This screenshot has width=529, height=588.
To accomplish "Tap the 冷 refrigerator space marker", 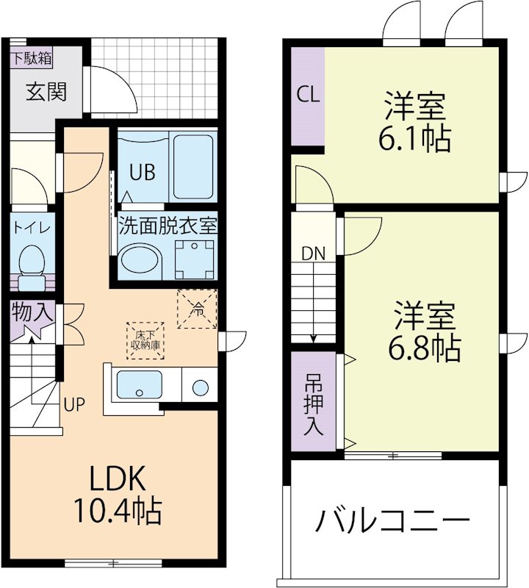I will click(197, 309).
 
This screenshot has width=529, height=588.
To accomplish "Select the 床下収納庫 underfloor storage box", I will click(145, 340).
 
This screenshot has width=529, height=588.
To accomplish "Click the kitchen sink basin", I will click(140, 384).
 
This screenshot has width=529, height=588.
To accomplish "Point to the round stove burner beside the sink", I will click(198, 387).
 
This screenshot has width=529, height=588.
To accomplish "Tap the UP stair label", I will click(74, 404).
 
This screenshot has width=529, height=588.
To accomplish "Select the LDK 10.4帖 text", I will click(117, 495).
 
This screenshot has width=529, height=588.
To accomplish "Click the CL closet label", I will click(307, 95).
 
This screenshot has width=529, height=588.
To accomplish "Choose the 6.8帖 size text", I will click(424, 347).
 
